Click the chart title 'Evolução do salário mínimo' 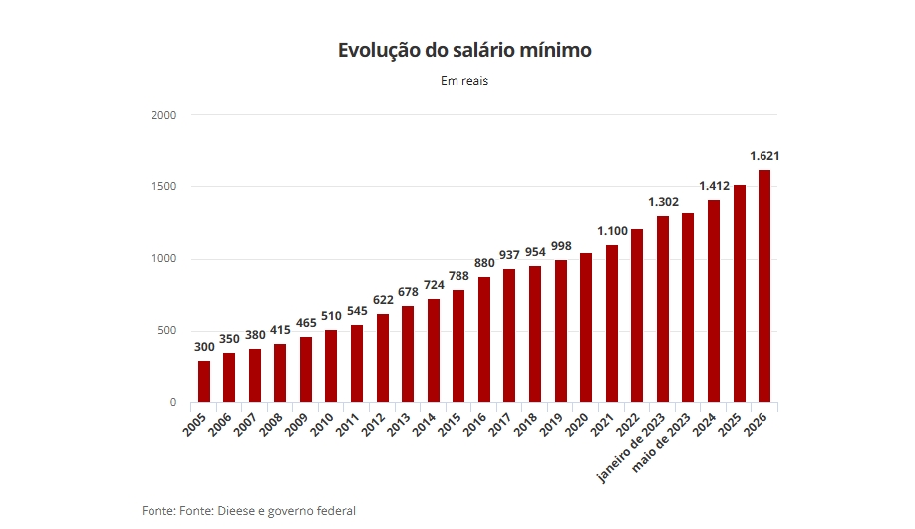[x=463, y=50]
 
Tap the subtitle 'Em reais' [x=463, y=81]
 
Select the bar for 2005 [x=203, y=382]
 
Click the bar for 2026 [x=764, y=287]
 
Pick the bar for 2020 [x=586, y=329]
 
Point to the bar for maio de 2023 [x=688, y=309]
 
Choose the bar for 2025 [x=739, y=295]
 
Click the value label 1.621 [x=764, y=156]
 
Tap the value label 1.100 [x=612, y=231]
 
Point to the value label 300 [x=203, y=347]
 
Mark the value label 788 [x=458, y=276]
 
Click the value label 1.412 [x=714, y=186]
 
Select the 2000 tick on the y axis [x=163, y=115]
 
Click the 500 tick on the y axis [x=165, y=331]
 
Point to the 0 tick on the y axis [x=172, y=403]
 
